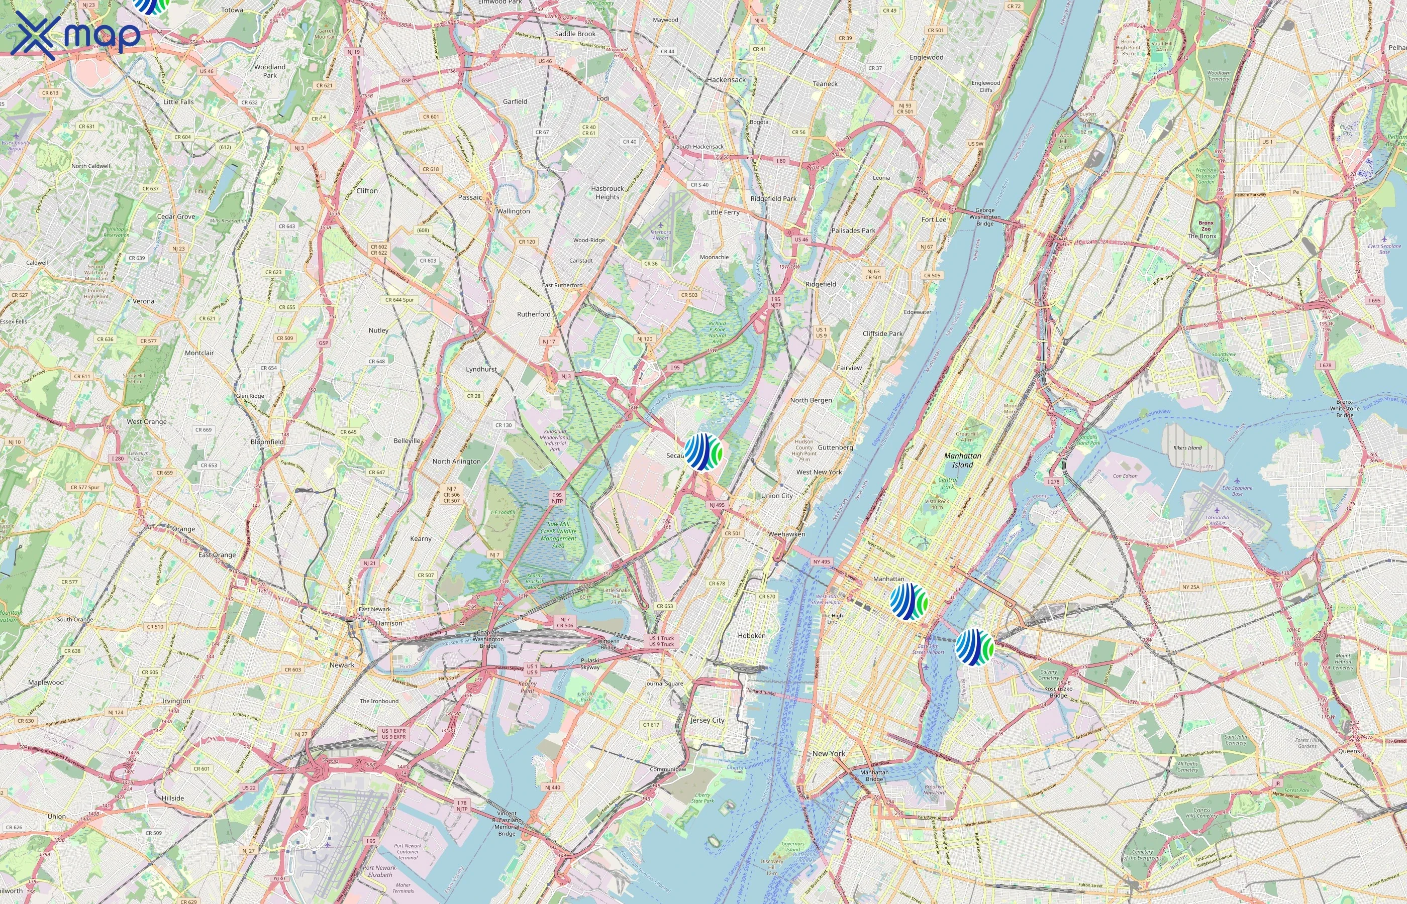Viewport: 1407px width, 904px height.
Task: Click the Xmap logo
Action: [75, 35]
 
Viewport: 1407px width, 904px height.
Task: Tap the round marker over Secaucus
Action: [703, 452]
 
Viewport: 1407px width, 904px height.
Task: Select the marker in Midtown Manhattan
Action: [909, 601]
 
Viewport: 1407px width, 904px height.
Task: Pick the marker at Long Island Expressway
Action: [974, 647]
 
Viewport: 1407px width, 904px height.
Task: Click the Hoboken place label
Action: [751, 636]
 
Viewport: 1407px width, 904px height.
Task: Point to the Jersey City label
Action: [707, 720]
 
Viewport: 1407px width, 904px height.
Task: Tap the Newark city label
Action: [342, 665]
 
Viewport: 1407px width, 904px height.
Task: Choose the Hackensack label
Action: [727, 80]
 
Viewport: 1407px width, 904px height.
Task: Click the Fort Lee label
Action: [934, 219]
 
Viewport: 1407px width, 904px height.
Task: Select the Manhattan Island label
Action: [962, 460]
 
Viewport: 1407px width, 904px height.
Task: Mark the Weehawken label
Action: [786, 534]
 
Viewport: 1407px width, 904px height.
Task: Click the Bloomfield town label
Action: [267, 442]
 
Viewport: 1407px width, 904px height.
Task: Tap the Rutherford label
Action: [534, 314]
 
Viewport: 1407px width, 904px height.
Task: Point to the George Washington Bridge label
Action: [985, 216]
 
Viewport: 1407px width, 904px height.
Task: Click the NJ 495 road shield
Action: [717, 505]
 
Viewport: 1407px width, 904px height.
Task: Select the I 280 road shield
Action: [118, 459]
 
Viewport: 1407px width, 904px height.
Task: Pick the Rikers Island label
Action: [1187, 448]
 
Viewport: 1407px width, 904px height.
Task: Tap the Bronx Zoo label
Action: [1205, 226]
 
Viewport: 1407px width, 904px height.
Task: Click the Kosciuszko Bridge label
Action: [1058, 692]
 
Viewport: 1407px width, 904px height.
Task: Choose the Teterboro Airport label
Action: [661, 235]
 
